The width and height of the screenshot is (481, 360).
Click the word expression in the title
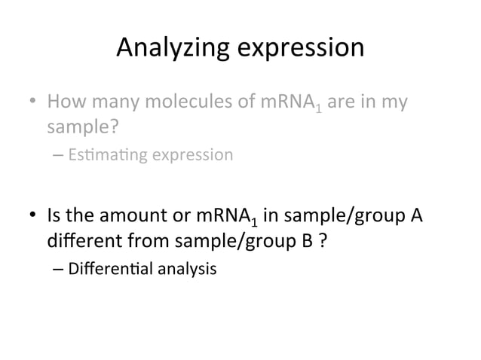tap(301, 50)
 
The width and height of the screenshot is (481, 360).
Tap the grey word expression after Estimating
tap(193, 155)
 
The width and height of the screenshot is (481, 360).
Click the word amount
tap(139, 218)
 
